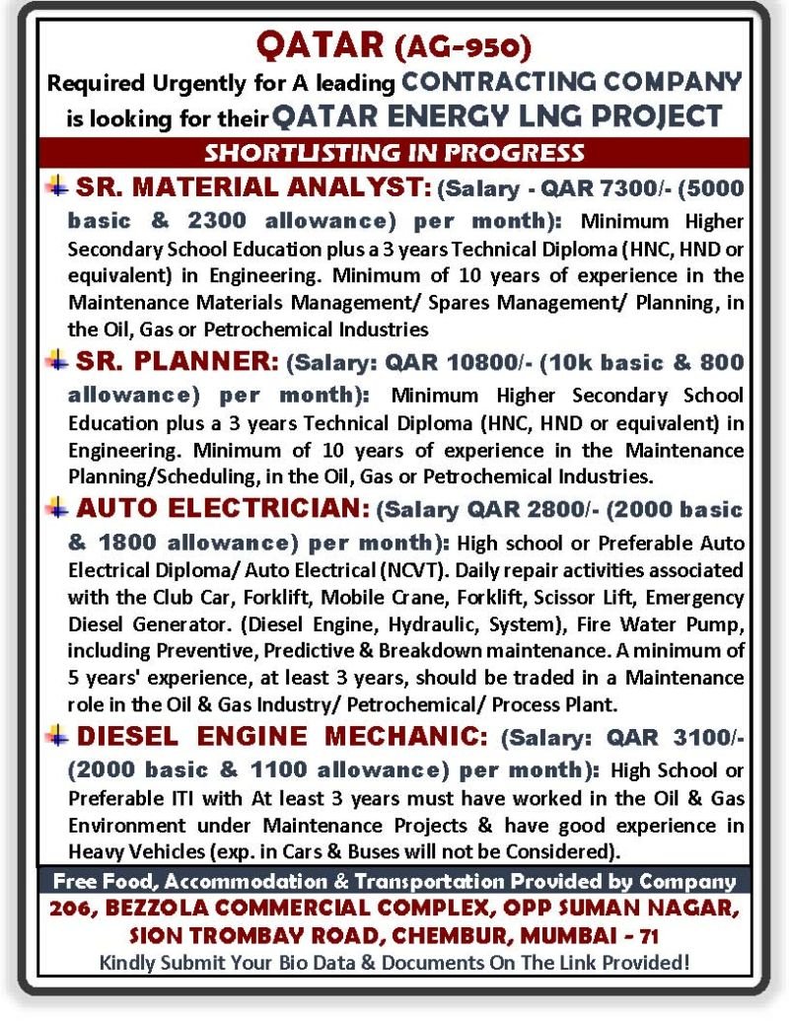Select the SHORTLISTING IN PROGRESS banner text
click(394, 153)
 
